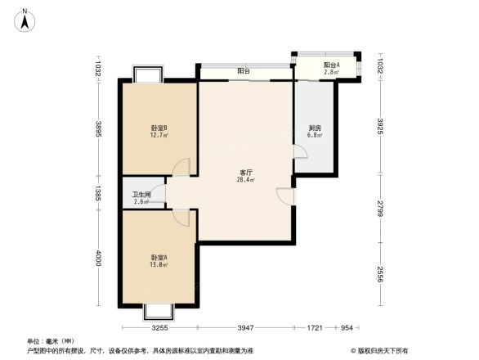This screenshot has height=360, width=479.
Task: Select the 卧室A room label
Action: [159, 258]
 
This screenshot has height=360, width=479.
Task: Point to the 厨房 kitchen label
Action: [315, 128]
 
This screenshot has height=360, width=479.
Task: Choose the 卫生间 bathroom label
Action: [141, 194]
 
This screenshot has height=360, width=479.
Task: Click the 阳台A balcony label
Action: [331, 65]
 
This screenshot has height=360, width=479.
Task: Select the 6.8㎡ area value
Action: [315, 135]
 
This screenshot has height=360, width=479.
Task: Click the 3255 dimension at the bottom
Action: [159, 328]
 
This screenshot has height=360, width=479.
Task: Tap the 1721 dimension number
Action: [315, 328]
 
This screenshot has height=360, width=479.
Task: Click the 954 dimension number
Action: [347, 328]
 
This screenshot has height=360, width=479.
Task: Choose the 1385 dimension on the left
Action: [97, 194]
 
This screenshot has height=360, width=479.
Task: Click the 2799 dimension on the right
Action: [382, 208]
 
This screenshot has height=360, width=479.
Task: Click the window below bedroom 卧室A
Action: [159, 311]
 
